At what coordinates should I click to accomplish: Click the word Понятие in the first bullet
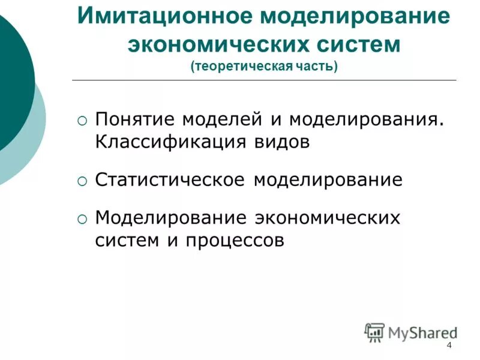point(135,119)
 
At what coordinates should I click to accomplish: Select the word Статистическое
point(170,180)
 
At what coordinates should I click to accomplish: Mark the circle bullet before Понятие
point(82,121)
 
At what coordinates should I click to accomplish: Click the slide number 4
point(449,346)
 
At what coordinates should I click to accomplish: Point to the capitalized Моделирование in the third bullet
point(170,217)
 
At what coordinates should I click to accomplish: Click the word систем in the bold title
point(359,44)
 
